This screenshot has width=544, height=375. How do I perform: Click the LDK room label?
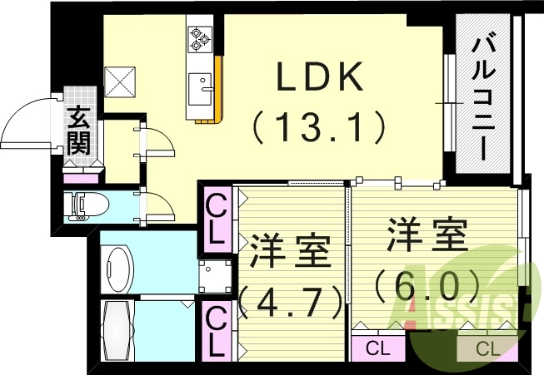coord(319,78)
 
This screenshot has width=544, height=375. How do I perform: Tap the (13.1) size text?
coord(320,127)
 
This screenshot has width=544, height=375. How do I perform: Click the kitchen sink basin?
coord(200,86)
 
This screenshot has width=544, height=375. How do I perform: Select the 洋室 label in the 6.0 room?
coord(425,235)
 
